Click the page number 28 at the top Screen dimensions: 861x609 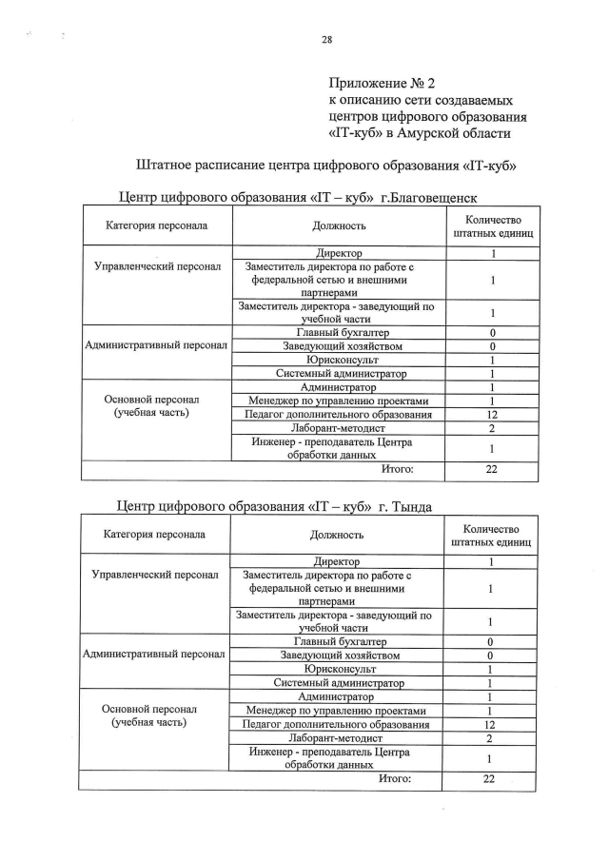pyautogui.click(x=326, y=39)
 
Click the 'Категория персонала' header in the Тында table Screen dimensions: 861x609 pyautogui.click(x=154, y=534)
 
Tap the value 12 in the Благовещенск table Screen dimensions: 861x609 pyautogui.click(x=492, y=415)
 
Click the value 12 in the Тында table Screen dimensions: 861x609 pyautogui.click(x=489, y=724)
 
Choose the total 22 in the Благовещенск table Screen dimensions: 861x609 pyautogui.click(x=492, y=469)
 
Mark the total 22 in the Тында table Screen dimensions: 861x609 pyautogui.click(x=489, y=778)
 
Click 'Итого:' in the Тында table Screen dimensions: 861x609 pyautogui.click(x=395, y=778)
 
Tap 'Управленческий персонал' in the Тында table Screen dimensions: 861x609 pyautogui.click(x=154, y=575)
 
